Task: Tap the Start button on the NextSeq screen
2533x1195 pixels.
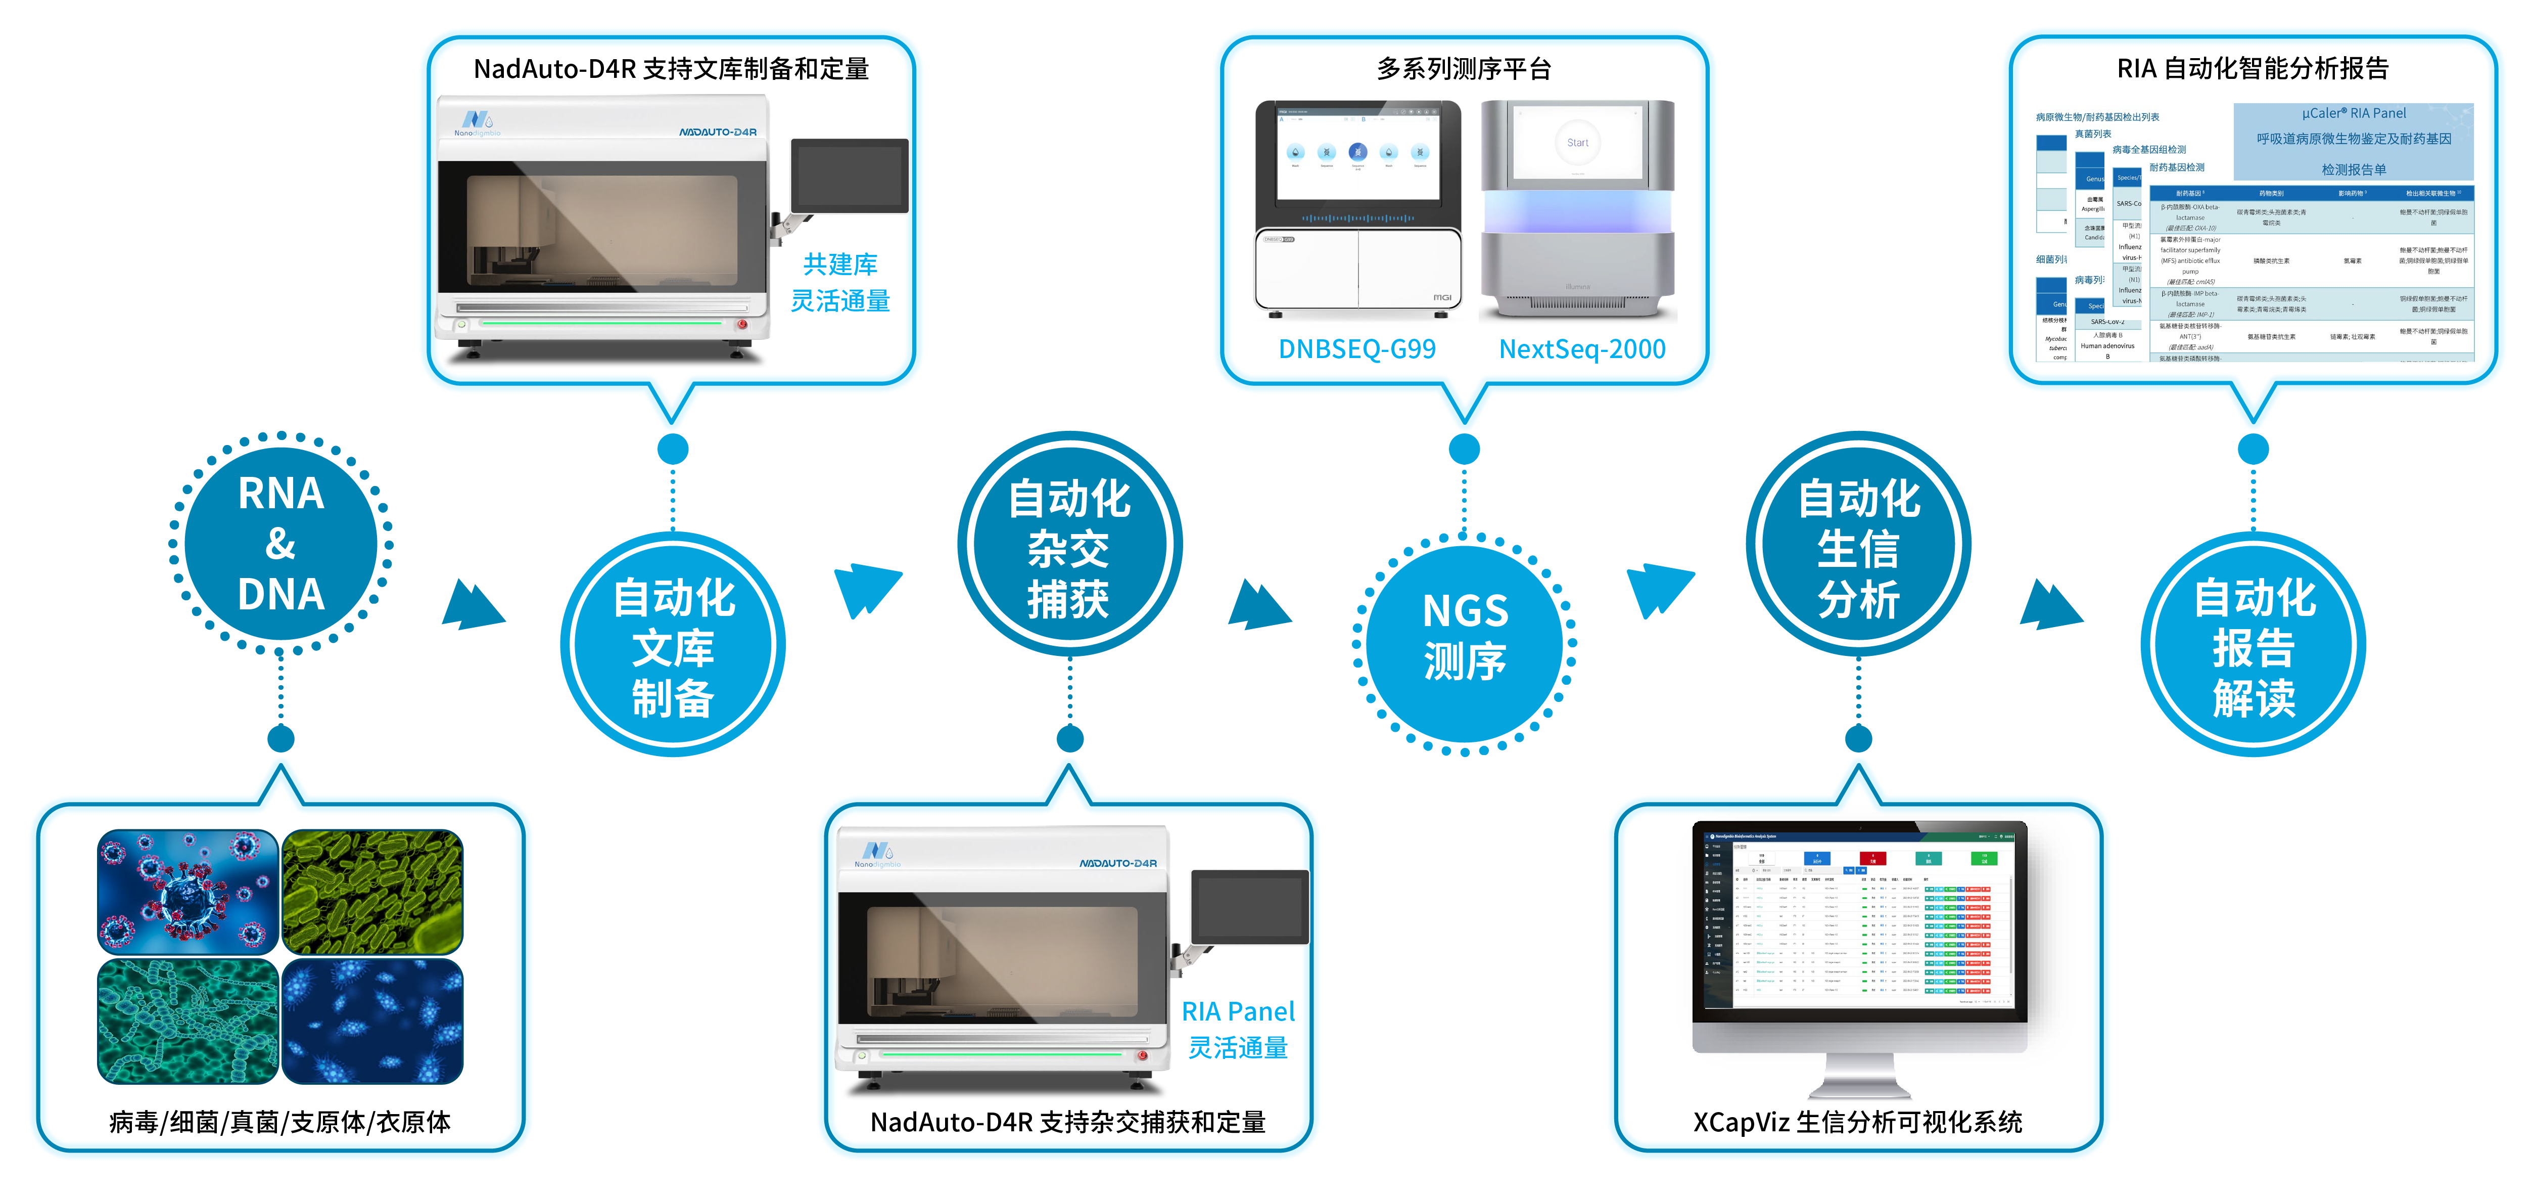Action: tap(1577, 143)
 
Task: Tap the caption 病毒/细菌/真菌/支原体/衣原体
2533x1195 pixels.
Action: tap(280, 1122)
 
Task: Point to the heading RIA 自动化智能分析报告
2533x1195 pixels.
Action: tap(2252, 69)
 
